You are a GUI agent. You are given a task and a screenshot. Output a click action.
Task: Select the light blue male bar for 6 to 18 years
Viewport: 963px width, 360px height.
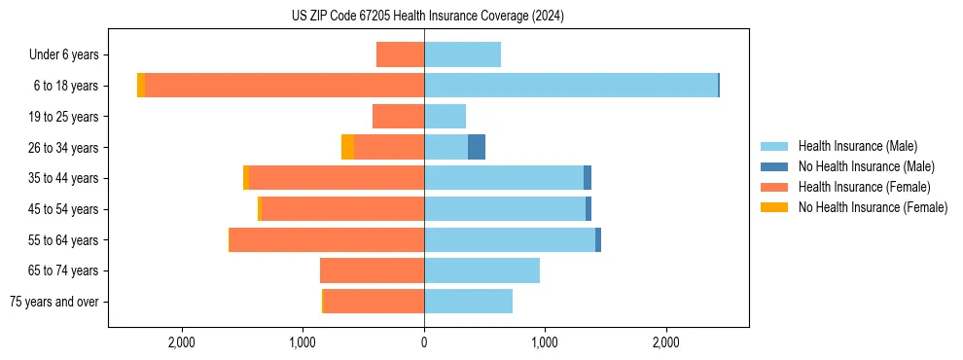571,86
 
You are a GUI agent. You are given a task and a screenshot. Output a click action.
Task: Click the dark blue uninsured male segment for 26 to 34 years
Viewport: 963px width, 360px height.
477,147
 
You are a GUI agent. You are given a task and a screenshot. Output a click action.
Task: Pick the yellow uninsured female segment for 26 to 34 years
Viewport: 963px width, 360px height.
347,147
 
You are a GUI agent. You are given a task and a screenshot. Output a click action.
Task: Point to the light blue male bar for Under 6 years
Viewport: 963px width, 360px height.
462,54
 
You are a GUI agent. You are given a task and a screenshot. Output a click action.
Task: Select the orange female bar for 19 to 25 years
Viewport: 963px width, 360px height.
398,117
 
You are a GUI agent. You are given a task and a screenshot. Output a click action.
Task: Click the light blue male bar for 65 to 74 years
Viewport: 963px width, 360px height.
481,270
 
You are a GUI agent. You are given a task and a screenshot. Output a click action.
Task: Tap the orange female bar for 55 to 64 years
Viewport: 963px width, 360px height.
327,239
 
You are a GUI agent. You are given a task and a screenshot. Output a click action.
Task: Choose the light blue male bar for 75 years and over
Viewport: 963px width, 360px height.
468,302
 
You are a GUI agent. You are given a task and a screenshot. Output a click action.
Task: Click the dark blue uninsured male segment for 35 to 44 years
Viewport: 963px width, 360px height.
588,178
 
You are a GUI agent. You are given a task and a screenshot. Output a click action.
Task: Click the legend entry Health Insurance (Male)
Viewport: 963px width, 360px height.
857,146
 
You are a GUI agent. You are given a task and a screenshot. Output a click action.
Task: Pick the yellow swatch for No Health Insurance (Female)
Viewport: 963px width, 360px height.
774,207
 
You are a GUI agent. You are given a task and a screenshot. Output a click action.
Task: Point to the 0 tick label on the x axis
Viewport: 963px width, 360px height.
424,342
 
